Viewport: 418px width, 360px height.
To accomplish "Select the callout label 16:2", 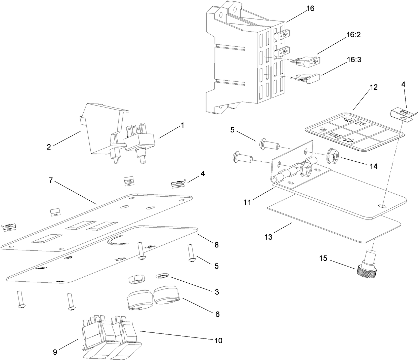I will point(353,35).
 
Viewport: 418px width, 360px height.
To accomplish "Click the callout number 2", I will point(49,147).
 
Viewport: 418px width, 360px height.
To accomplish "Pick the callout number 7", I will point(51,180).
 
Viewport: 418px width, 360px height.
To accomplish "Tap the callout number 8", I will point(216,245).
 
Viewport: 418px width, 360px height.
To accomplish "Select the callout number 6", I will point(217,314).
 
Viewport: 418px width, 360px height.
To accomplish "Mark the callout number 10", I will point(218,341).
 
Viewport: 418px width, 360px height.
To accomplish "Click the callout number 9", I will point(55,352).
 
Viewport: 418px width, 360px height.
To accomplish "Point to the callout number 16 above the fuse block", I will point(310,8).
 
